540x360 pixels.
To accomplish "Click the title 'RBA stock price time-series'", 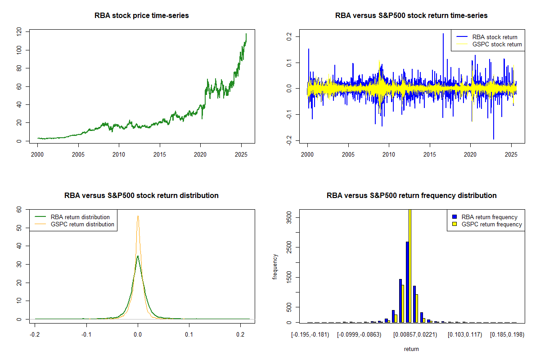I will (141, 16).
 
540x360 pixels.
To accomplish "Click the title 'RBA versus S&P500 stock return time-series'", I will (411, 16).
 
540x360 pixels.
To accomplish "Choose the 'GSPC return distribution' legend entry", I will (82, 224).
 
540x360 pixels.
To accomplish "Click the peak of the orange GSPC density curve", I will (138, 216).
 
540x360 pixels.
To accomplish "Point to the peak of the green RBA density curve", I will (138, 256).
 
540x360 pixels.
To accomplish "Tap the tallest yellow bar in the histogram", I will (410, 265).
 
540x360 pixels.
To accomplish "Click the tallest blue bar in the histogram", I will (407, 282).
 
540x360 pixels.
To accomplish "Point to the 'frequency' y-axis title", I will (275, 266).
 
